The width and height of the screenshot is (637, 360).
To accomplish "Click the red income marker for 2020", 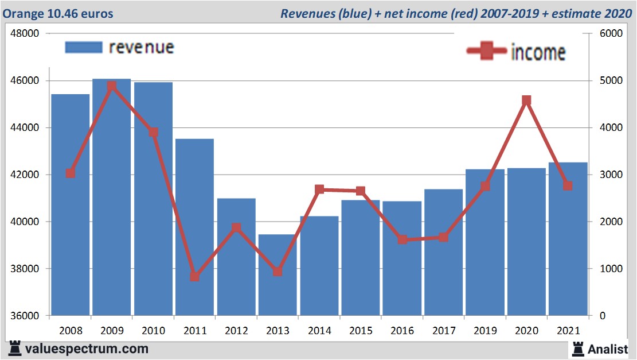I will coord(526,100).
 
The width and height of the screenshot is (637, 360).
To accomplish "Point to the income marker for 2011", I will coord(194,276).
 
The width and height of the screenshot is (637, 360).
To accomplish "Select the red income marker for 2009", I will coord(112,86).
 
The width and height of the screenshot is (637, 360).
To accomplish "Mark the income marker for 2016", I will coord(402,239).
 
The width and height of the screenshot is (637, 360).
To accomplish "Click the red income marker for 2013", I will coord(278,271).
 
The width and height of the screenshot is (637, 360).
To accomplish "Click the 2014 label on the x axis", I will coord(319,331).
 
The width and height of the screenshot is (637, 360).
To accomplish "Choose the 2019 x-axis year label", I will coord(485,331).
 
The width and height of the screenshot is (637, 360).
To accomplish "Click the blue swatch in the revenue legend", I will coord(83,47).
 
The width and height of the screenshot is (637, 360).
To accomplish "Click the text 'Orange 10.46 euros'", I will coord(58,13).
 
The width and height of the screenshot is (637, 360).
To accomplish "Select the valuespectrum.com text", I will coord(86,349).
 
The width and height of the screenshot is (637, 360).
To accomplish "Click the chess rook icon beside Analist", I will coord(577,349).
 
